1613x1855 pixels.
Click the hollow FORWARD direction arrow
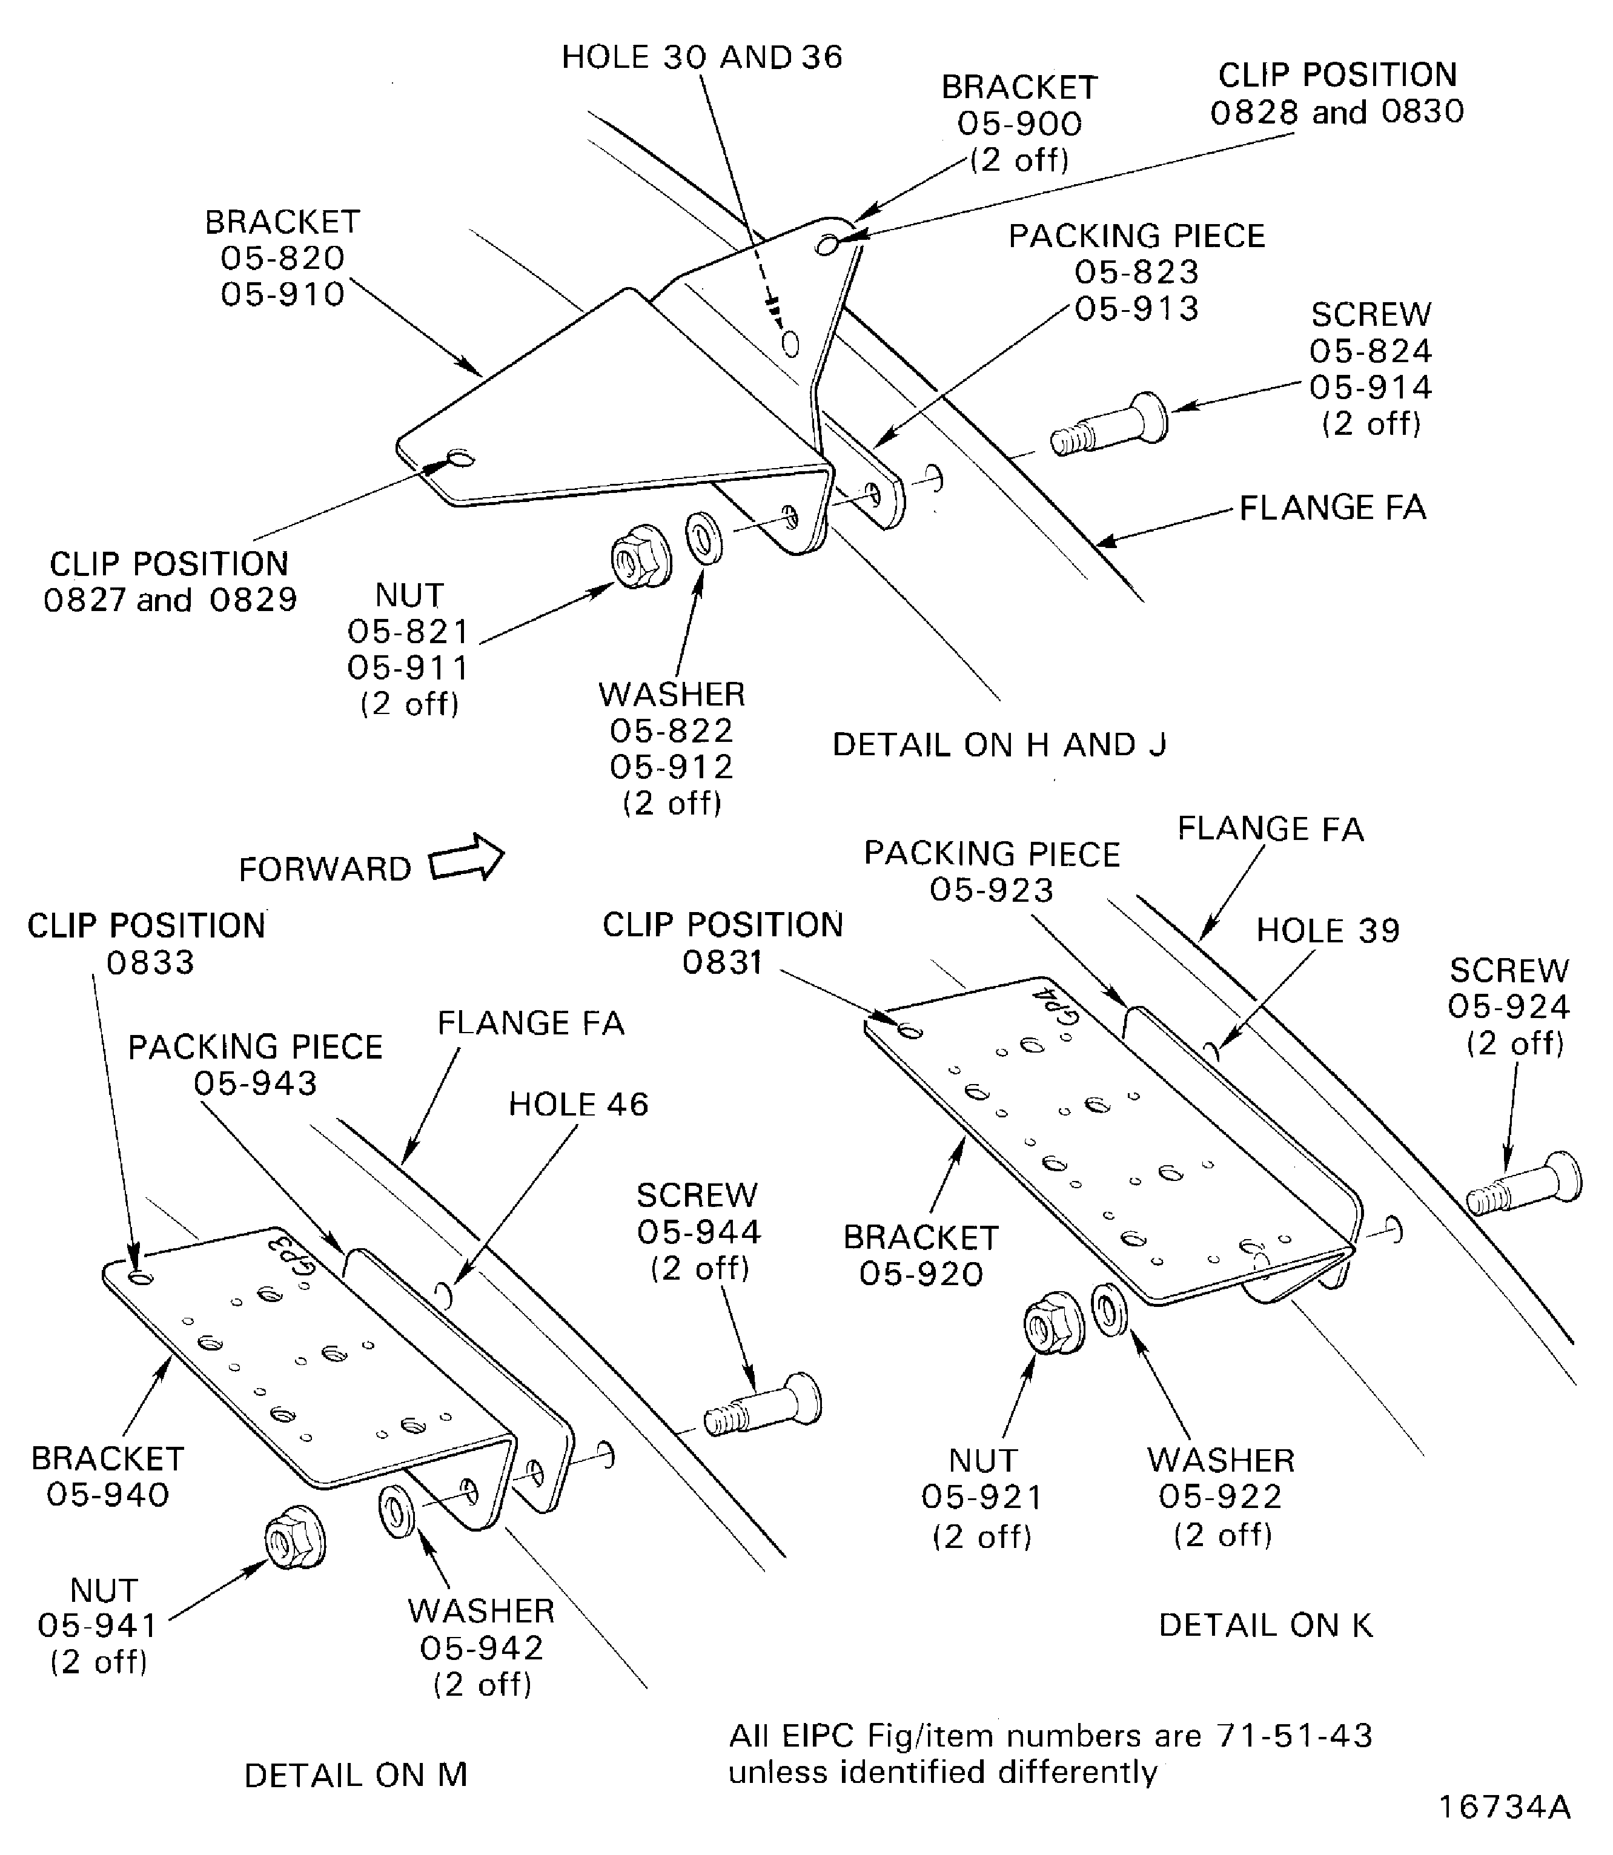467,857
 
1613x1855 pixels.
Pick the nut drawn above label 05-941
295,1538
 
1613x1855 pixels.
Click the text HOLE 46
578,1105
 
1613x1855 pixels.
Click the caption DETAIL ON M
356,1775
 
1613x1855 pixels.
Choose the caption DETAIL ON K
1265,1625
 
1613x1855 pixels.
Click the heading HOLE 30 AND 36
701,57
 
